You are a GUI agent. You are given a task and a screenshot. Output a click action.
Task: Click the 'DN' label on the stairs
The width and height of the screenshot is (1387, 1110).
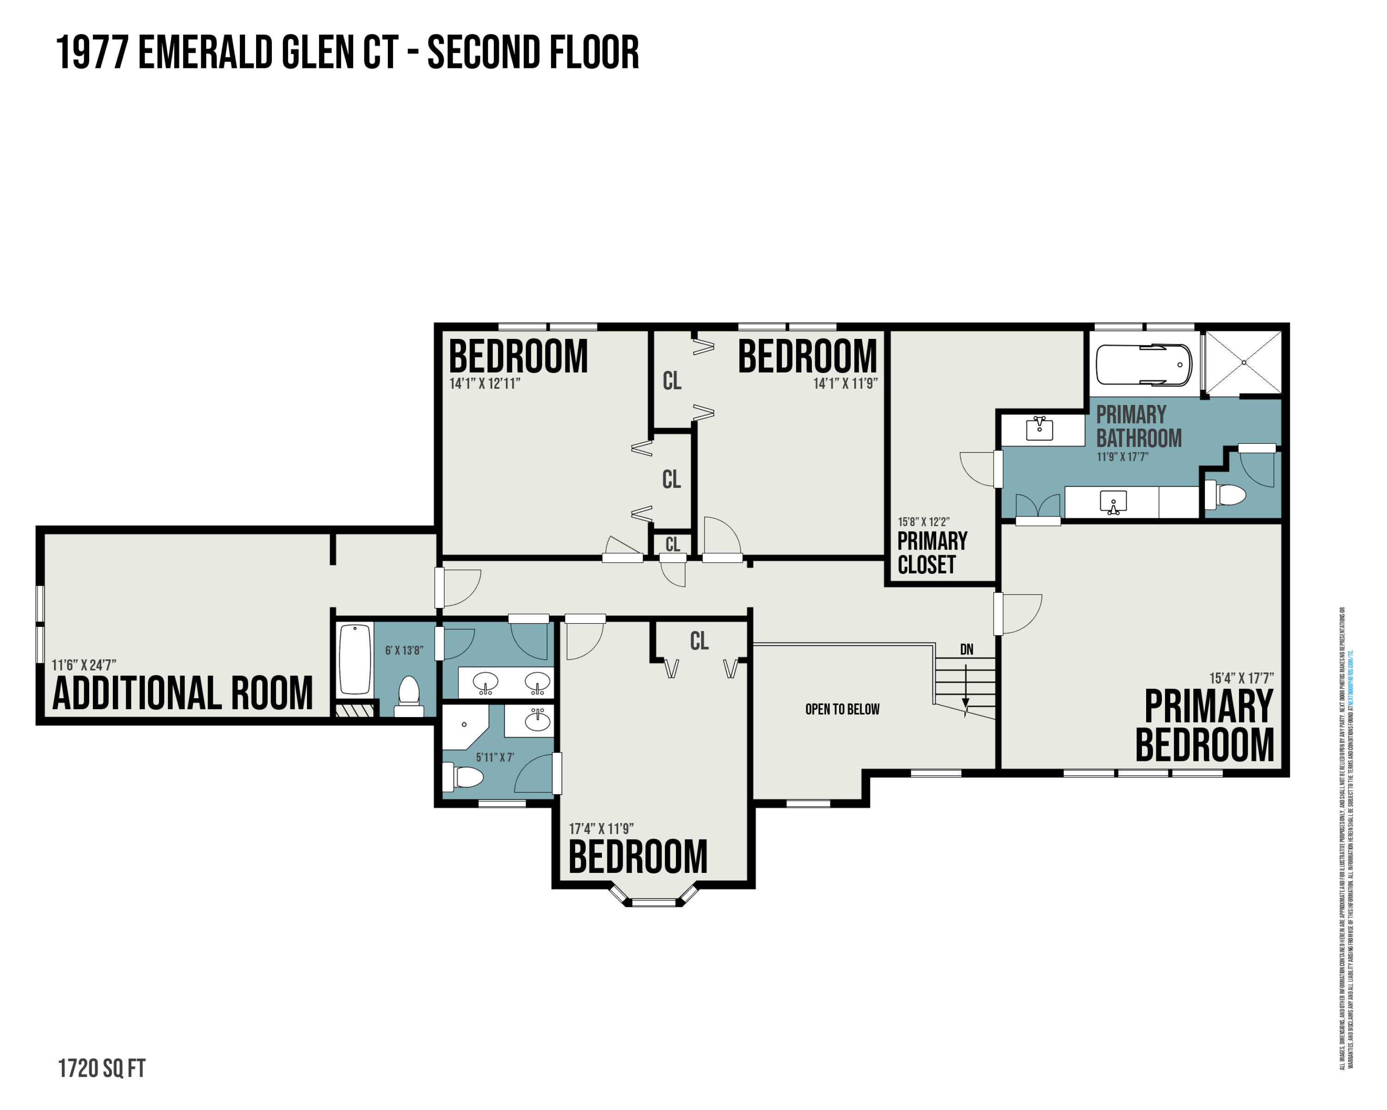966,650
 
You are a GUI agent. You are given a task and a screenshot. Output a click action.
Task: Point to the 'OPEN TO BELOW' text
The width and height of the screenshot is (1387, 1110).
841,709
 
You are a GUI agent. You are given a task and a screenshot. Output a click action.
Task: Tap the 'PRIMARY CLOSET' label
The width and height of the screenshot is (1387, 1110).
932,552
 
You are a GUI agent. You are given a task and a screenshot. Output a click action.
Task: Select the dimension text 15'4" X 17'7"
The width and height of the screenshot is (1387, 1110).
1240,678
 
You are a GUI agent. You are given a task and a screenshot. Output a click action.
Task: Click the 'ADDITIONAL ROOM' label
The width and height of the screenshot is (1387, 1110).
182,693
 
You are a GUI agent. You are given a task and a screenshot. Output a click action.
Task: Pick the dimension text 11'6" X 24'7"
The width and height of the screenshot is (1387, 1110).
84,665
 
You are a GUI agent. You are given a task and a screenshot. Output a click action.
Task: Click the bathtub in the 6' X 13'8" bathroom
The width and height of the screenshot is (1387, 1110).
355,659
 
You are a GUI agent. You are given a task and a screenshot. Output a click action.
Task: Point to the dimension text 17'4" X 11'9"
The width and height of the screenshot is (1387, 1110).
601,828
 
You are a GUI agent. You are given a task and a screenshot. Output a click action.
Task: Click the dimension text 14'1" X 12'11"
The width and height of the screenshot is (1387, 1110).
485,383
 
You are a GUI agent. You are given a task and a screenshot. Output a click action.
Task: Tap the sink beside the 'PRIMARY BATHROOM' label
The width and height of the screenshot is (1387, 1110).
1039,428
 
